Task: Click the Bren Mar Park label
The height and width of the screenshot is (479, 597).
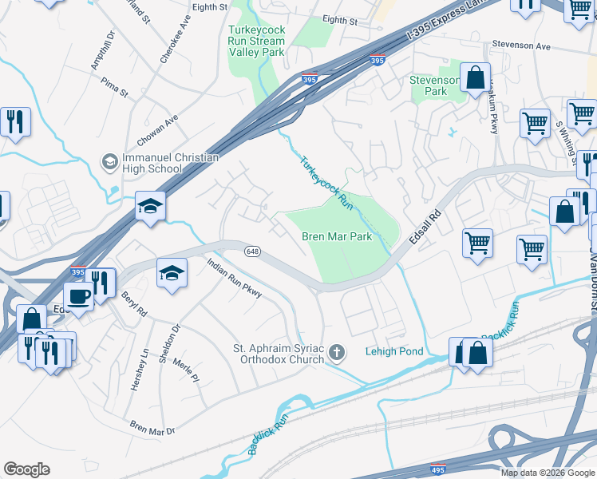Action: [x=337, y=237]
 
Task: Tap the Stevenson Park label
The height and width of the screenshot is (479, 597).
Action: [x=435, y=85]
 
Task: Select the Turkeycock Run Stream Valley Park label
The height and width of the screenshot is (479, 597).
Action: [x=257, y=41]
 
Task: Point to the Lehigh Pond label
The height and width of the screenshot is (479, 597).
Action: [x=393, y=351]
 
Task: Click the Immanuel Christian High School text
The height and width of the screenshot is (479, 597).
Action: [x=170, y=163]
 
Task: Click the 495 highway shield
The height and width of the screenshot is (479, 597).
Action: [x=437, y=469]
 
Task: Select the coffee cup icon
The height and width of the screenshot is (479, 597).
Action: [x=78, y=295]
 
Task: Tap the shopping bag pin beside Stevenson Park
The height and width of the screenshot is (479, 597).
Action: [x=475, y=78]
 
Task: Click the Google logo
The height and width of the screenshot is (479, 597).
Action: [x=27, y=469]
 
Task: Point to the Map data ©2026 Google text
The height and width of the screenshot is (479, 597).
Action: [x=547, y=473]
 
